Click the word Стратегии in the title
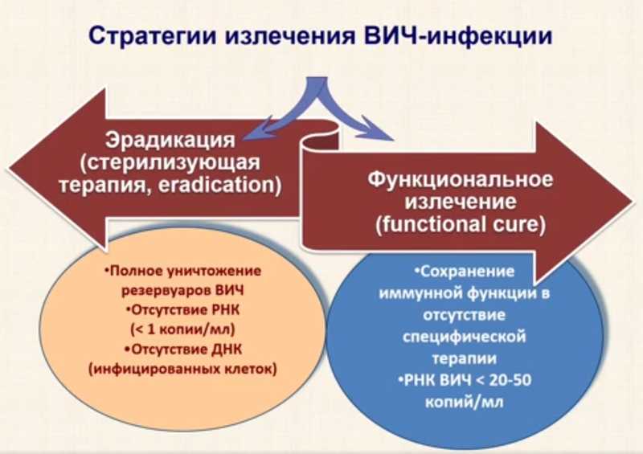(153, 36)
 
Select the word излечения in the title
(290, 35)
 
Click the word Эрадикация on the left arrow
(170, 141)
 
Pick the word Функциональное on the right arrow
(460, 180)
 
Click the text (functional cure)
(461, 225)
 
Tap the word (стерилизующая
(170, 163)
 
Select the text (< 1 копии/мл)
(182, 329)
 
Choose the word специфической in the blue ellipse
(465, 337)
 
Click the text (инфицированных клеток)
(182, 369)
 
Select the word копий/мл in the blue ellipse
(464, 402)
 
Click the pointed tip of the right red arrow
(633, 202)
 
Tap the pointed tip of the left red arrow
(8, 169)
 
